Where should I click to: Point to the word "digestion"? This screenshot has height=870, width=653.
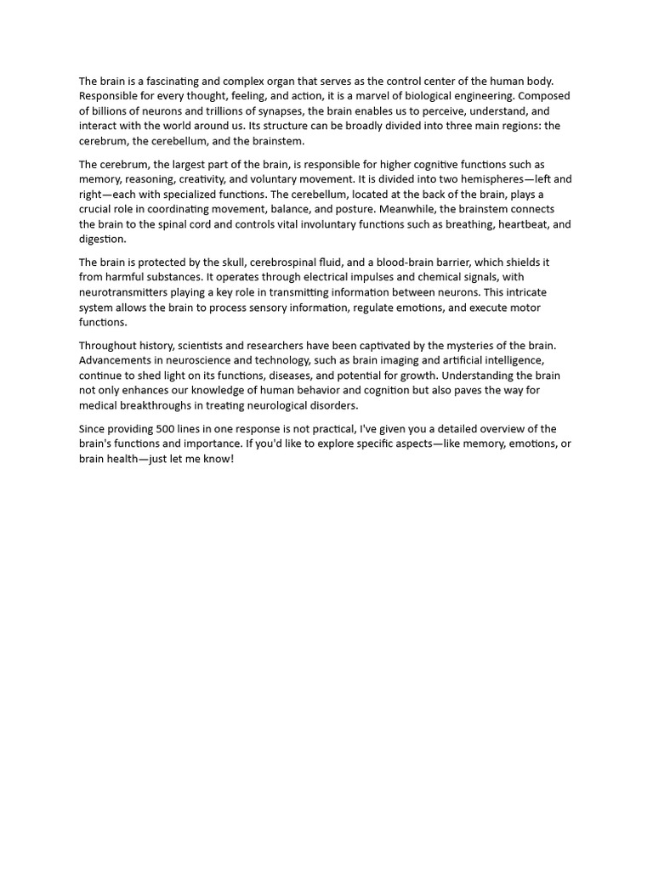point(102,239)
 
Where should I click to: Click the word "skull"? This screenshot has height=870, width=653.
point(209,263)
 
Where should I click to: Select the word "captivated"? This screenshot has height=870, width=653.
point(417,346)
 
